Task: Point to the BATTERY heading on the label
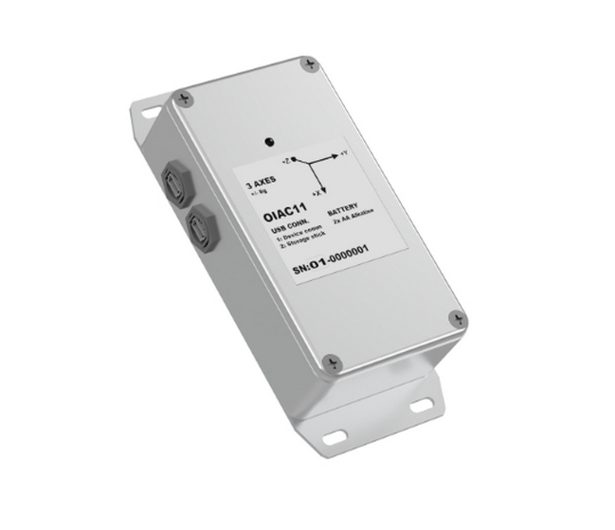pyautogui.click(x=343, y=213)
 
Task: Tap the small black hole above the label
pyautogui.click(x=272, y=140)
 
